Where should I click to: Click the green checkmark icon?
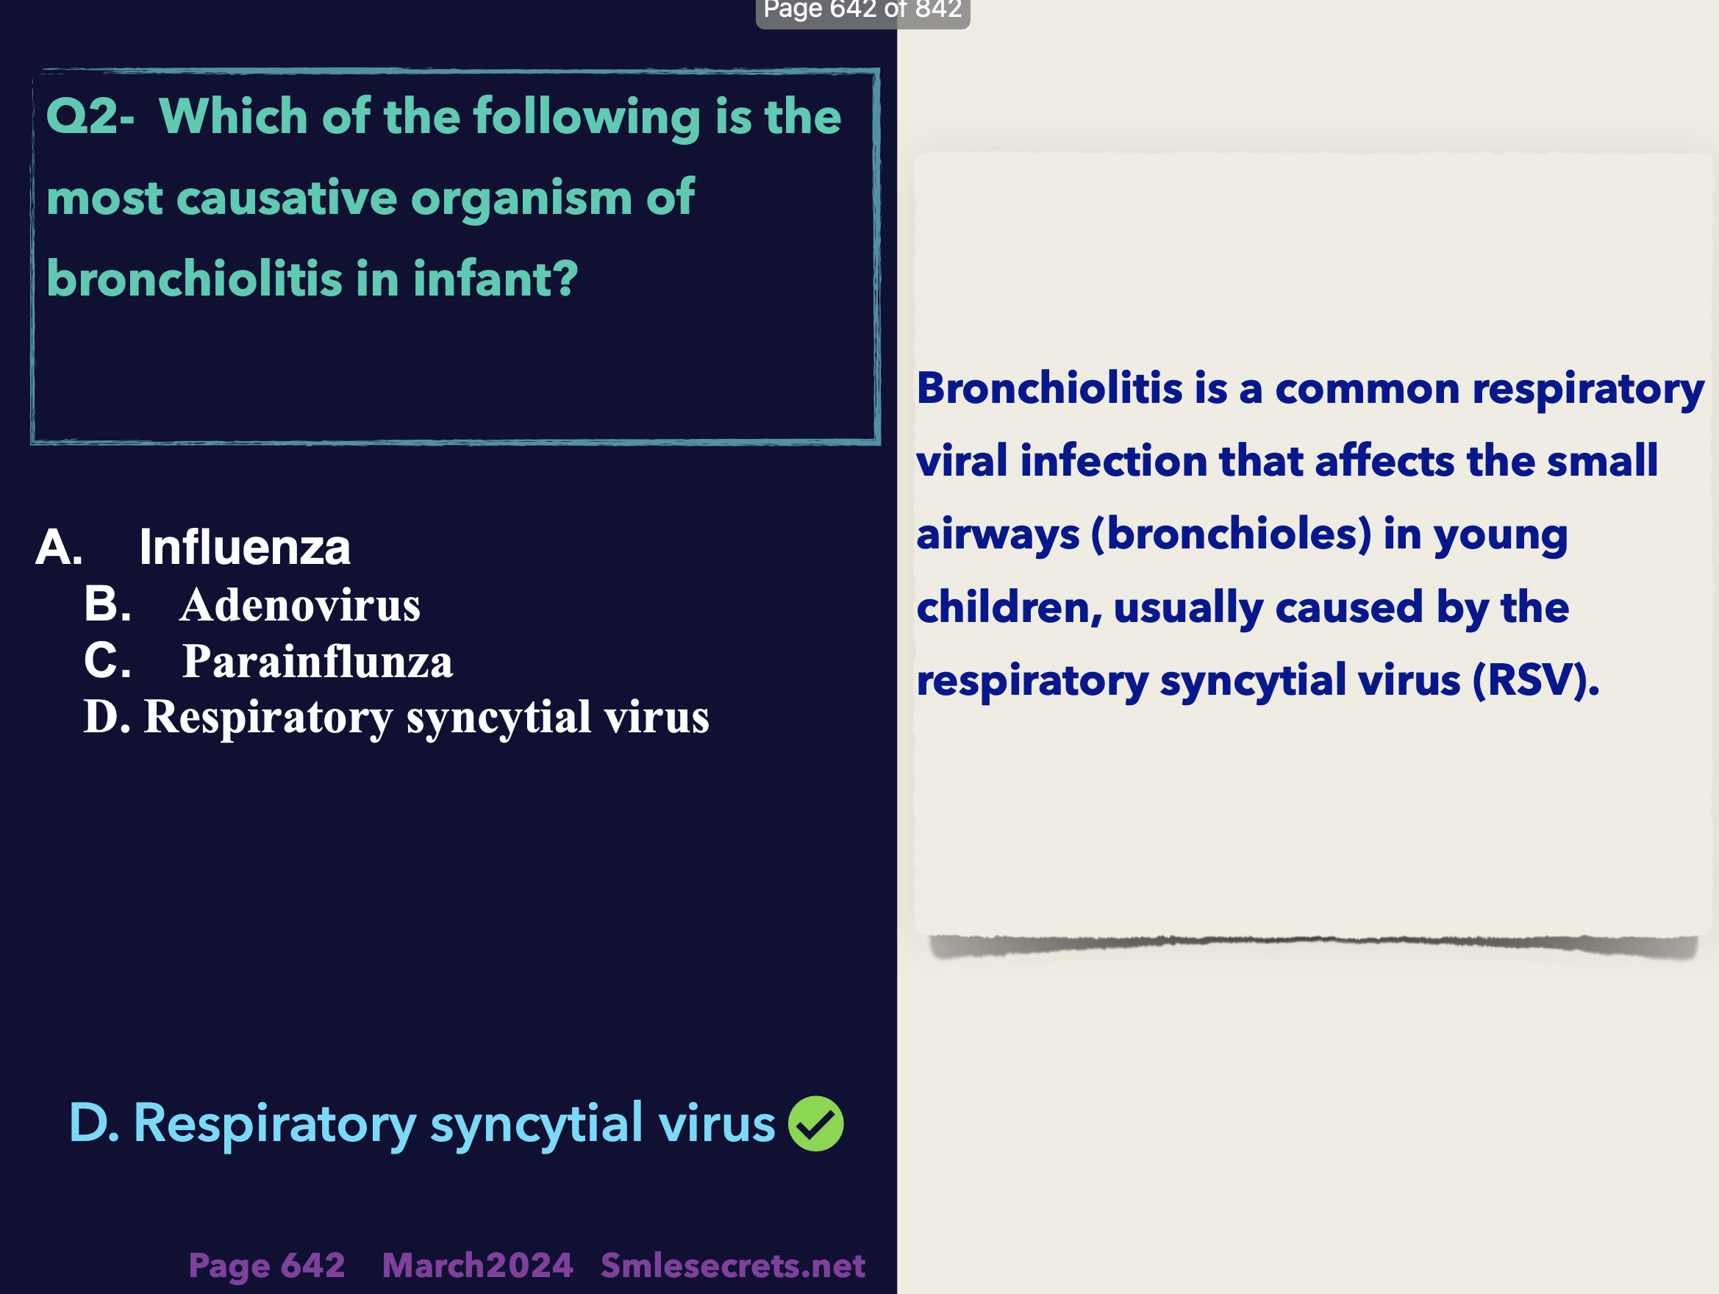point(816,1124)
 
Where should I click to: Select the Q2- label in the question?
point(90,117)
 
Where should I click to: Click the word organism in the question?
point(521,199)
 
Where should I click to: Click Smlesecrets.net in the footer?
point(733,1265)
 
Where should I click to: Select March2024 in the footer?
point(477,1265)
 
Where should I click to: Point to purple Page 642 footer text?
point(267,1266)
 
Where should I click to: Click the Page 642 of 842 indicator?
point(862,11)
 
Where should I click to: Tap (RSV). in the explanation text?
point(1537,680)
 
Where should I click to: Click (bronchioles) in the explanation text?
point(1232,534)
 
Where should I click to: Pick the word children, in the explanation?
point(1009,607)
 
